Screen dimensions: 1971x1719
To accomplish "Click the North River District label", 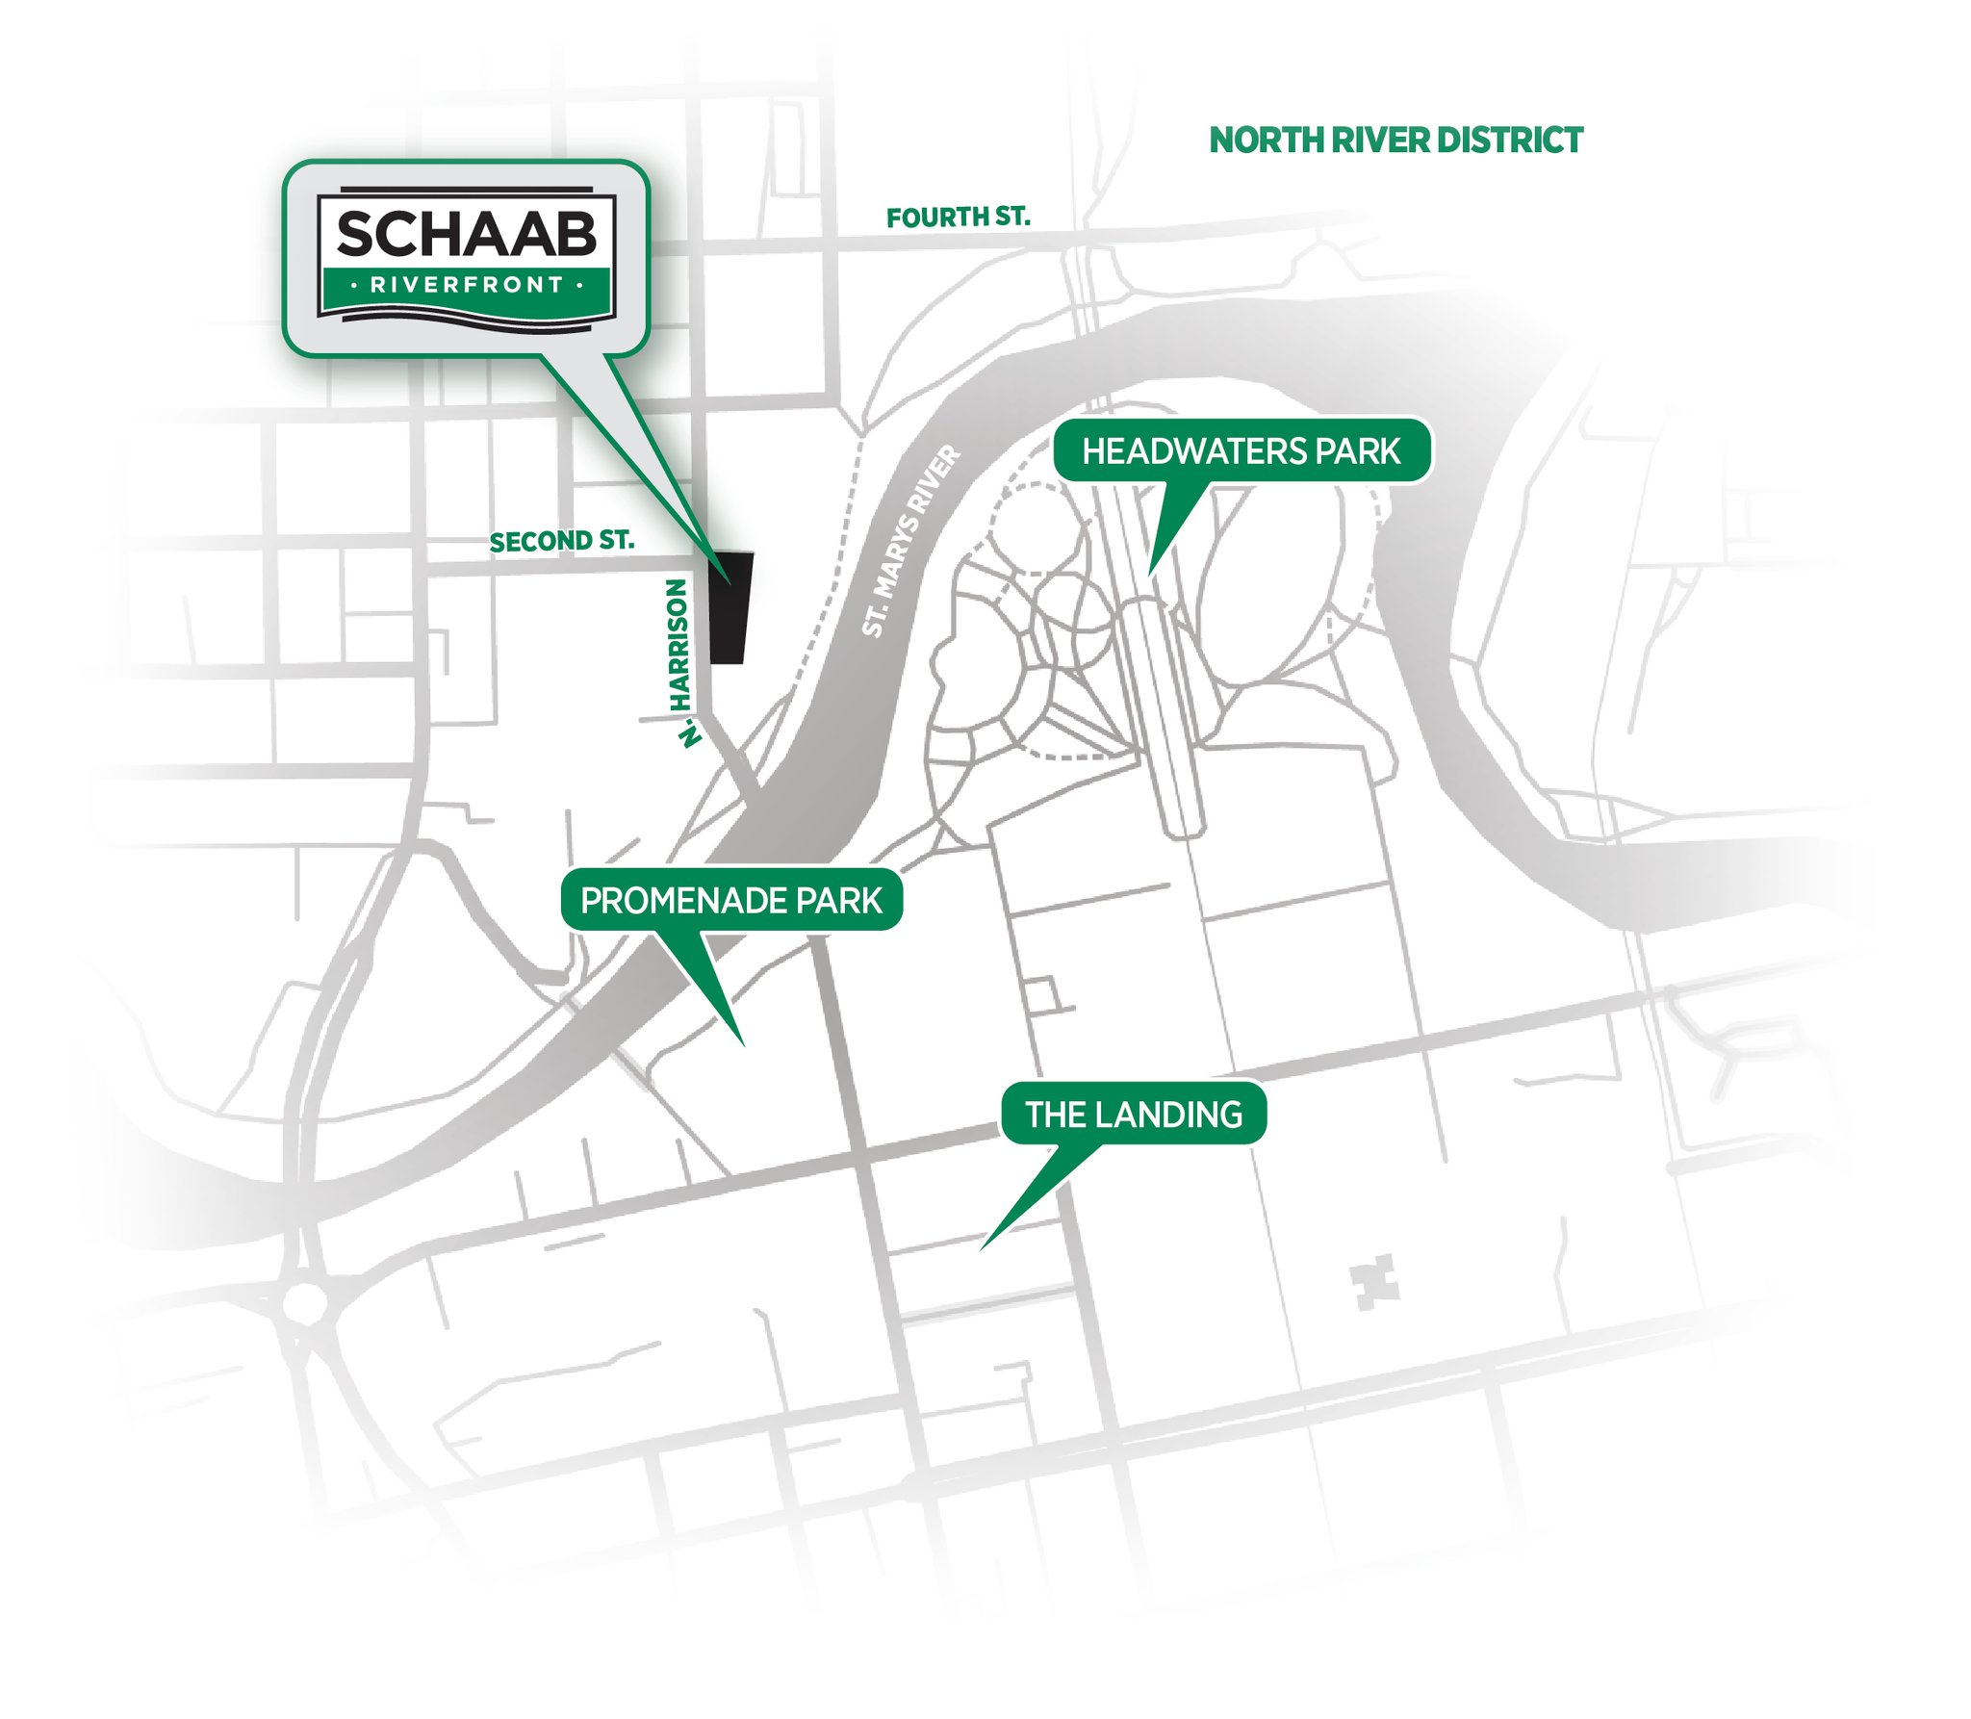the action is click(1395, 141).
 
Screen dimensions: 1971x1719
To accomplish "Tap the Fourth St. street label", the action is click(958, 218).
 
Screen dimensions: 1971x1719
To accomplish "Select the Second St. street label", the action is click(561, 542).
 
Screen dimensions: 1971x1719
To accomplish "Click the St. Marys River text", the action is click(910, 540).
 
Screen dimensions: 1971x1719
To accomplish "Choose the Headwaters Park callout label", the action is click(1241, 451).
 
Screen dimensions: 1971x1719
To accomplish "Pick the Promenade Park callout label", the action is click(731, 901).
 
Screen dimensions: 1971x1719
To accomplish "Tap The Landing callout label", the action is click(1134, 1115).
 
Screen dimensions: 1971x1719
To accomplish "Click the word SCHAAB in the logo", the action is click(467, 235).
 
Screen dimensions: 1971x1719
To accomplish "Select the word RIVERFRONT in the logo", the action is click(467, 285).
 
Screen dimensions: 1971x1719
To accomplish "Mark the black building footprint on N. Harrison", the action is click(730, 608).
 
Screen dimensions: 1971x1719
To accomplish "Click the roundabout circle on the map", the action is click(305, 1303).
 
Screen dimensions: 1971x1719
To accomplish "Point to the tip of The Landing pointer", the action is click(982, 1249).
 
